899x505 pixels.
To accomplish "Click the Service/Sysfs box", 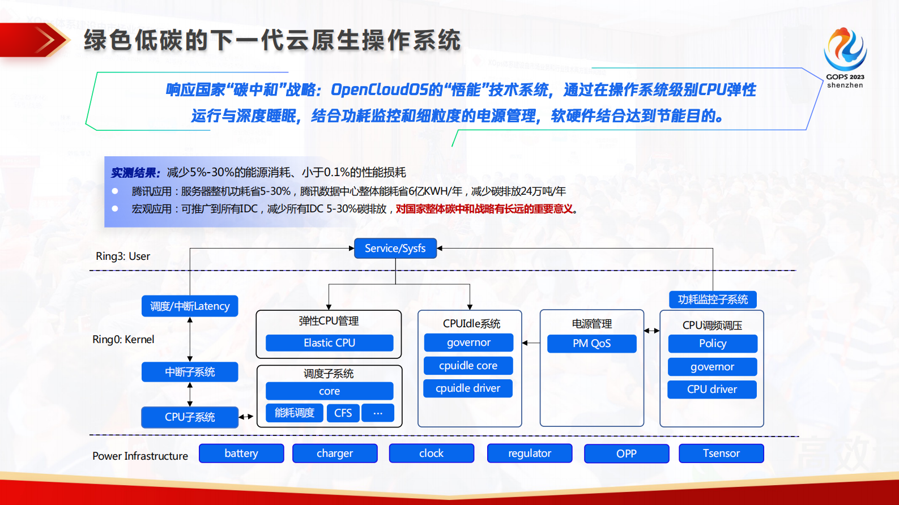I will pos(395,249).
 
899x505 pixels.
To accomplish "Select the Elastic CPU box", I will pos(329,343).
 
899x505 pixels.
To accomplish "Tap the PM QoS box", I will pos(591,344).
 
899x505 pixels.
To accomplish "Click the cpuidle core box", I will pos(468,366).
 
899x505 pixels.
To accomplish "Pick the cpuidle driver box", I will pos(468,388).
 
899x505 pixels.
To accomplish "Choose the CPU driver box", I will pos(712,390).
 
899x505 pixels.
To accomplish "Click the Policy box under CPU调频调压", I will pos(712,344).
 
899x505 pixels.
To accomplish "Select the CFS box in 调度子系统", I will pos(343,413).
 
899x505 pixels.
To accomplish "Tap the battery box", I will pos(241,453).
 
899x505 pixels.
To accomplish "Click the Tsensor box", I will pos(721,453).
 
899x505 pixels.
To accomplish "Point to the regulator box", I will pos(530,453).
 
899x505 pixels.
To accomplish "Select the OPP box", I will pos(627,453).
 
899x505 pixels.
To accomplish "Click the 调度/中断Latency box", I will pos(190,306).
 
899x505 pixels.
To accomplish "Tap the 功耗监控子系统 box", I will pos(713,299).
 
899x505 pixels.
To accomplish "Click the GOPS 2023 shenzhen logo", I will pos(845,57).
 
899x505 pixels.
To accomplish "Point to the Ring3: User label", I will pos(123,256).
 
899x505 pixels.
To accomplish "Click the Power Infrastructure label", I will pos(140,456).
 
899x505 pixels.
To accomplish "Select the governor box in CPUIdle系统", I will pos(468,343).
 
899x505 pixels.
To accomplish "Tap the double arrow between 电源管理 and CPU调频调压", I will pos(652,331).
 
